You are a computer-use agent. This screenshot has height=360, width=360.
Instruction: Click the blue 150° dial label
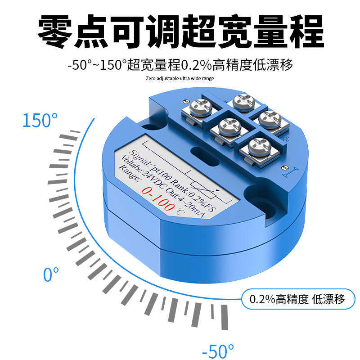[40, 121]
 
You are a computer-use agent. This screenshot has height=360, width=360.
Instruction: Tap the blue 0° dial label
[51, 274]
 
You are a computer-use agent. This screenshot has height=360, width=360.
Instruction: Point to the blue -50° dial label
[218, 351]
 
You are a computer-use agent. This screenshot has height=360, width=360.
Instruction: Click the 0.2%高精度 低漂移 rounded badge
[298, 299]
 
